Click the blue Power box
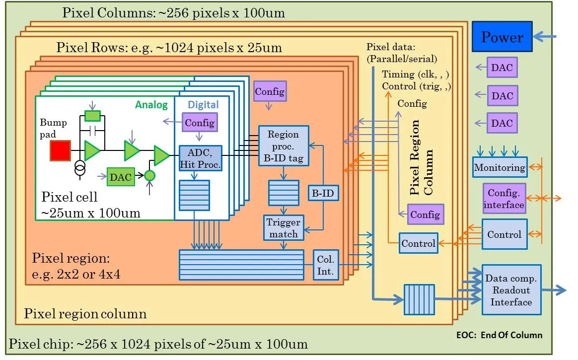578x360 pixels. (x=502, y=36)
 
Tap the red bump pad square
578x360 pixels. (x=60, y=151)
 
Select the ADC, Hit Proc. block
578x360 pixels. (x=200, y=158)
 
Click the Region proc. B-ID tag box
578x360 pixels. (x=284, y=146)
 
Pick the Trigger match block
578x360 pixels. (x=284, y=228)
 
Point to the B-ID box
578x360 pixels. (x=323, y=193)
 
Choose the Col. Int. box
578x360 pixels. (x=325, y=265)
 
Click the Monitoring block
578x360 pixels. (x=500, y=167)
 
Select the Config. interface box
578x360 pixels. (x=504, y=199)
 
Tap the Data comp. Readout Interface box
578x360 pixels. (x=511, y=290)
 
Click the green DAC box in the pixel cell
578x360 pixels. (x=121, y=177)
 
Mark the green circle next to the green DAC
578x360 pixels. (x=149, y=175)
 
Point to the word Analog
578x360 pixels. (x=151, y=105)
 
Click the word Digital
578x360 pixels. (x=203, y=105)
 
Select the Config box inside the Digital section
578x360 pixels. (x=200, y=123)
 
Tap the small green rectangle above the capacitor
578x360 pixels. (x=92, y=116)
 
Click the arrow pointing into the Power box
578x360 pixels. (x=544, y=36)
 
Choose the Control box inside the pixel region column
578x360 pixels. (x=419, y=243)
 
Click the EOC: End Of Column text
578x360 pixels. (x=499, y=335)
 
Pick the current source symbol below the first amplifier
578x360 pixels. (x=80, y=168)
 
